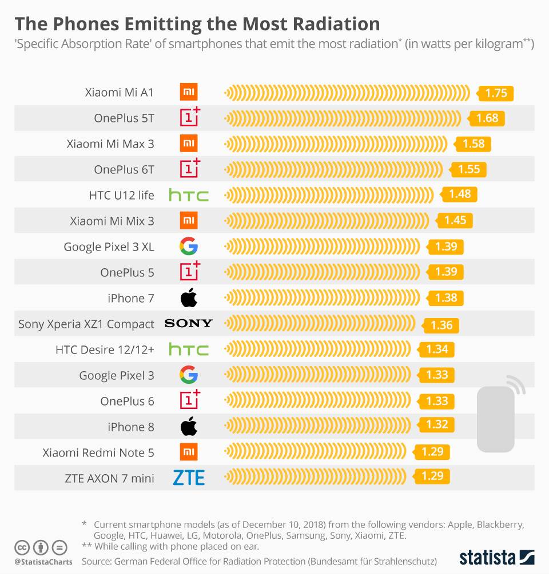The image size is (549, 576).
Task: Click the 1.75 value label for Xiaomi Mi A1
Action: click(x=496, y=93)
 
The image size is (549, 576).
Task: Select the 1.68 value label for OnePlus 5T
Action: click(x=487, y=118)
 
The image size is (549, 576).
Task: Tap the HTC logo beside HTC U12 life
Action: click(x=189, y=196)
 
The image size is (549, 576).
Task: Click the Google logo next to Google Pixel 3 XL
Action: click(x=189, y=247)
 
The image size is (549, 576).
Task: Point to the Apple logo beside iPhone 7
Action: click(x=189, y=298)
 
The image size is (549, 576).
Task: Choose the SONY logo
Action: click(x=189, y=324)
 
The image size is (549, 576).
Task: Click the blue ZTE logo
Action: click(x=189, y=478)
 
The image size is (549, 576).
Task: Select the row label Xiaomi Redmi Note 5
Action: click(x=98, y=452)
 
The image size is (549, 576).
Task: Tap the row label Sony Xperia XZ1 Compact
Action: click(x=86, y=324)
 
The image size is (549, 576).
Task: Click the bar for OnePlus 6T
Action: click(x=334, y=169)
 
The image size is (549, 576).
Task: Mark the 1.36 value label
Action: click(x=441, y=325)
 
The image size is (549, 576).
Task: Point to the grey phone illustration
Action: click(x=496, y=418)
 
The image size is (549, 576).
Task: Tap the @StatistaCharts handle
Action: click(x=43, y=562)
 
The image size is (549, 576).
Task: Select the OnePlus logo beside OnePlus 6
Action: click(x=190, y=400)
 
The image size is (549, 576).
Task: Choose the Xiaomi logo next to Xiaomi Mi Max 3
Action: click(x=189, y=144)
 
